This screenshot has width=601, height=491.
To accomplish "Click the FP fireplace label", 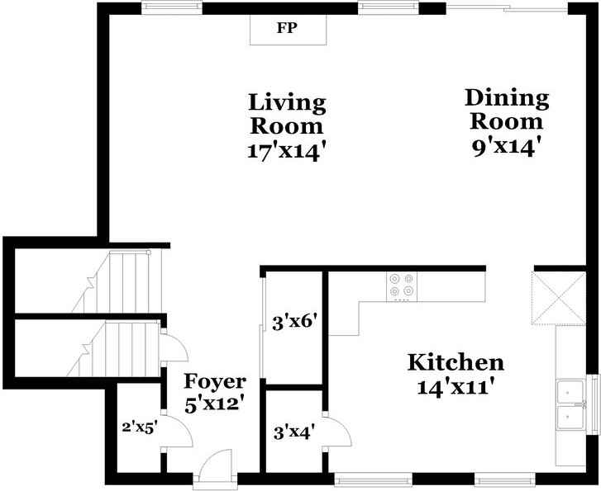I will [287, 27].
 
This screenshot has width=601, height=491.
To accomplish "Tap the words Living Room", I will [287, 115].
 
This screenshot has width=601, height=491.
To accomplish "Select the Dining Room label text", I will [506, 110].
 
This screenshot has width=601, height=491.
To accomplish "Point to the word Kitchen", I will [456, 362].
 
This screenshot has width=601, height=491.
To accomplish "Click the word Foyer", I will [214, 381].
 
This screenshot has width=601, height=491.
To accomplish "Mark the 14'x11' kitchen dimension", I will [456, 386].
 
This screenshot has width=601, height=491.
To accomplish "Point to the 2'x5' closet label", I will [137, 427].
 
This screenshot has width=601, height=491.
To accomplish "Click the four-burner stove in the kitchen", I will [403, 286].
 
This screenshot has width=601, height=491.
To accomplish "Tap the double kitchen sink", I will [570, 405].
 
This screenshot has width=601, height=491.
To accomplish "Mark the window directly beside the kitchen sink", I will [593, 404].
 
